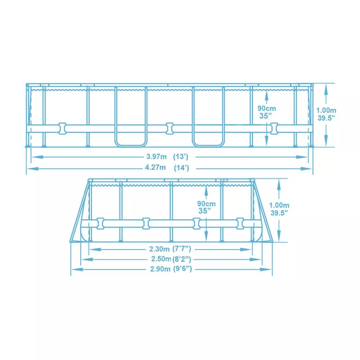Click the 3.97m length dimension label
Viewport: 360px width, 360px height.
pos(156,157)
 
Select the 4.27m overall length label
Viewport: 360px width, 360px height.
pos(155,167)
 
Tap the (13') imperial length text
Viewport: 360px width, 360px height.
pos(181,157)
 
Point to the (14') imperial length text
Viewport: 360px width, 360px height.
pos(181,168)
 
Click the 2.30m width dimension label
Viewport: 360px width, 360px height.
pos(159,249)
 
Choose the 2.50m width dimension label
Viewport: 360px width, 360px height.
pos(161,259)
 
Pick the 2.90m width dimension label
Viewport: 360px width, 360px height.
pos(160,269)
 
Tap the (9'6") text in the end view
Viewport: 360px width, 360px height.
pos(182,269)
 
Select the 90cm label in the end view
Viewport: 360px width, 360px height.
pos(206,204)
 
